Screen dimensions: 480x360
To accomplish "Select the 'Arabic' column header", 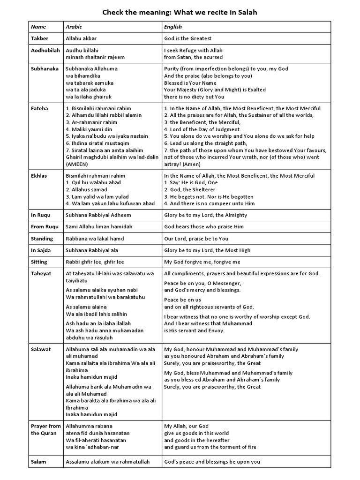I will pyautogui.click(x=74, y=27).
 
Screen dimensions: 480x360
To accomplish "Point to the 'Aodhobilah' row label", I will pyautogui.click(x=45, y=50).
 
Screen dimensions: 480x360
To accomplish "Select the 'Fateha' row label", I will pyautogui.click(x=39, y=108).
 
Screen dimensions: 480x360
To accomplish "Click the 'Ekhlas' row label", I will pyautogui.click(x=40, y=176).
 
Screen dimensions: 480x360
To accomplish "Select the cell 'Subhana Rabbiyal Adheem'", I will pyautogui.click(x=98, y=215).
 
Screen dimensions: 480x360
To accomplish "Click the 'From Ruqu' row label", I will pyautogui.click(x=45, y=227).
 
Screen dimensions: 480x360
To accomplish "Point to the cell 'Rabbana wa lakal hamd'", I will pyautogui.click(x=95, y=239).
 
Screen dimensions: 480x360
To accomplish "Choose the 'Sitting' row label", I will pyautogui.click(x=39, y=262).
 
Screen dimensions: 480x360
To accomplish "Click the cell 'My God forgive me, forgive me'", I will pyautogui.click(x=202, y=262).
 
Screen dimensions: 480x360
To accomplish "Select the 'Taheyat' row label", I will pyautogui.click(x=41, y=273).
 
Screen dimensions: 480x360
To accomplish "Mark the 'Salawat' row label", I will pyautogui.click(x=41, y=349).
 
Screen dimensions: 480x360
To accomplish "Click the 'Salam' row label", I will pyautogui.click(x=38, y=462).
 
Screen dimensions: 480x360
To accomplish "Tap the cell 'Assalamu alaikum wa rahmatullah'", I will pyautogui.click(x=107, y=462).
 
